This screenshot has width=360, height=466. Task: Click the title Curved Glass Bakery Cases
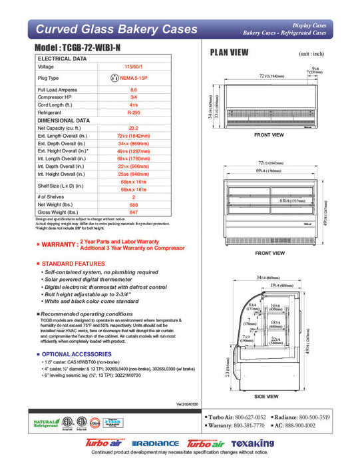[116, 29]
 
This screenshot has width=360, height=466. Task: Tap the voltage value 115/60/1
[133, 67]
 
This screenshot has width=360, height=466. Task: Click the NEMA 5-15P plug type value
[136, 77]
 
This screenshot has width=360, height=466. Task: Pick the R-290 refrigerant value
[133, 113]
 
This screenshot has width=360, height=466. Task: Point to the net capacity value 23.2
[133, 128]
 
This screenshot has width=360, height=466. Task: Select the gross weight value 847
[133, 212]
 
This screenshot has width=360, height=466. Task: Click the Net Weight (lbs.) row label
[57, 204]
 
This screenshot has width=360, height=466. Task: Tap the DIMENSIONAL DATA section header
[62, 120]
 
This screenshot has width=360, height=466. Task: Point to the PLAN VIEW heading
[230, 53]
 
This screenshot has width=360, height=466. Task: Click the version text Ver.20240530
[188, 404]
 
